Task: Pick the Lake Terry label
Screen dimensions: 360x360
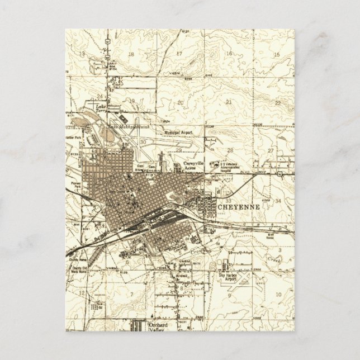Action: pos(101,108)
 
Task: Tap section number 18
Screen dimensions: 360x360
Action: pos(131,54)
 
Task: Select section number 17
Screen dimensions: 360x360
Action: pos(180,54)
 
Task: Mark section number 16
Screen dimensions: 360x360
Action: pos(229,54)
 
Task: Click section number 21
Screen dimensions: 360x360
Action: pos(229,102)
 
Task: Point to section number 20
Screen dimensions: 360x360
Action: pos(180,102)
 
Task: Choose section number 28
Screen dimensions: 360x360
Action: pos(230,151)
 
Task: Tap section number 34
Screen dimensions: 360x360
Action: pos(278,200)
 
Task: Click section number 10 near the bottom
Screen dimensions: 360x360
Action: pos(277,297)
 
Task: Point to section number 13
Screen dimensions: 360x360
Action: pos(82,54)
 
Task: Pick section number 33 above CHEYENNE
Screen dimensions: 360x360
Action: pos(229,200)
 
